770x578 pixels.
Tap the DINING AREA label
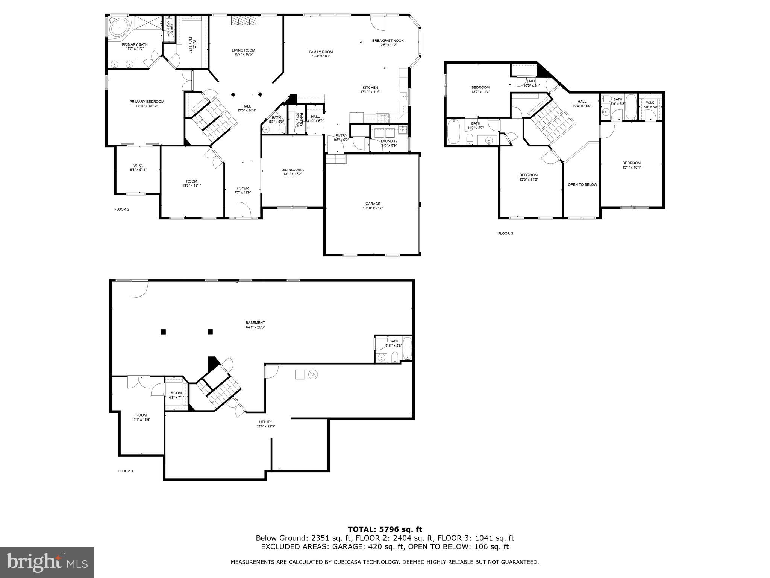[293, 172]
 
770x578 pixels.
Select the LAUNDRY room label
[389, 143]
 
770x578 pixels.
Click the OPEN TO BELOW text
[582, 184]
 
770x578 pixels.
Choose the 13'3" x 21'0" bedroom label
[529, 177]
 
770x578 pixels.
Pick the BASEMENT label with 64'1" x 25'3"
[255, 325]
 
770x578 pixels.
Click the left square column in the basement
[163, 332]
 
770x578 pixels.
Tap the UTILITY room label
[265, 424]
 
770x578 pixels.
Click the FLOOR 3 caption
[505, 233]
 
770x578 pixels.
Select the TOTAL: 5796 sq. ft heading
[385, 530]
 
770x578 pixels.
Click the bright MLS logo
[47, 563]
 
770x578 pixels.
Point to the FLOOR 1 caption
[126, 471]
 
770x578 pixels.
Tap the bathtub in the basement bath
[408, 349]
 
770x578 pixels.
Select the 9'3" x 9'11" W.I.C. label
[138, 167]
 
